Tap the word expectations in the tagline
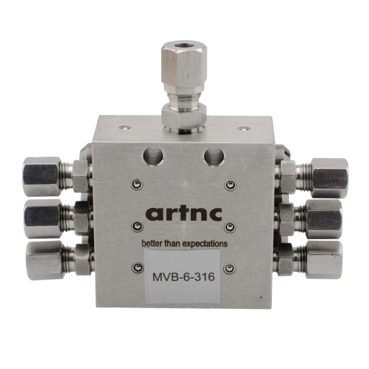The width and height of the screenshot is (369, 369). click(x=202, y=244)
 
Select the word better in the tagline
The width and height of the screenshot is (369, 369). click(x=152, y=244)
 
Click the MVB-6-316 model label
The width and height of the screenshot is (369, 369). click(x=183, y=277)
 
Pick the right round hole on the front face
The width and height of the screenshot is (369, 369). click(x=213, y=156)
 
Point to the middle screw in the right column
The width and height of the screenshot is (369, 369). click(x=230, y=227)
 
